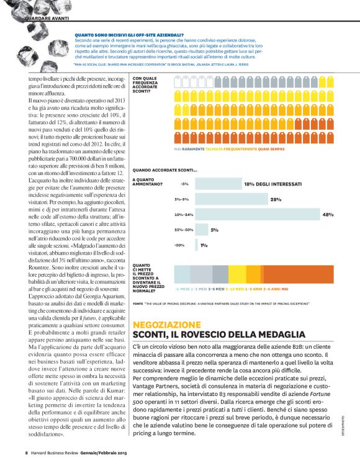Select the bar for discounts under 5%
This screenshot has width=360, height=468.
217,184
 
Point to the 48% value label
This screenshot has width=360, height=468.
328,215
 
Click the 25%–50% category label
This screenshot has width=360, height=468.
183,230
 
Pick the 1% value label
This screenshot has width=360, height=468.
204,245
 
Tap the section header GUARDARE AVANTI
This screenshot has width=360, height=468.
47,19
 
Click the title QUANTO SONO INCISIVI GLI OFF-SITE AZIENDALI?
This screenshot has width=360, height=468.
128,35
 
